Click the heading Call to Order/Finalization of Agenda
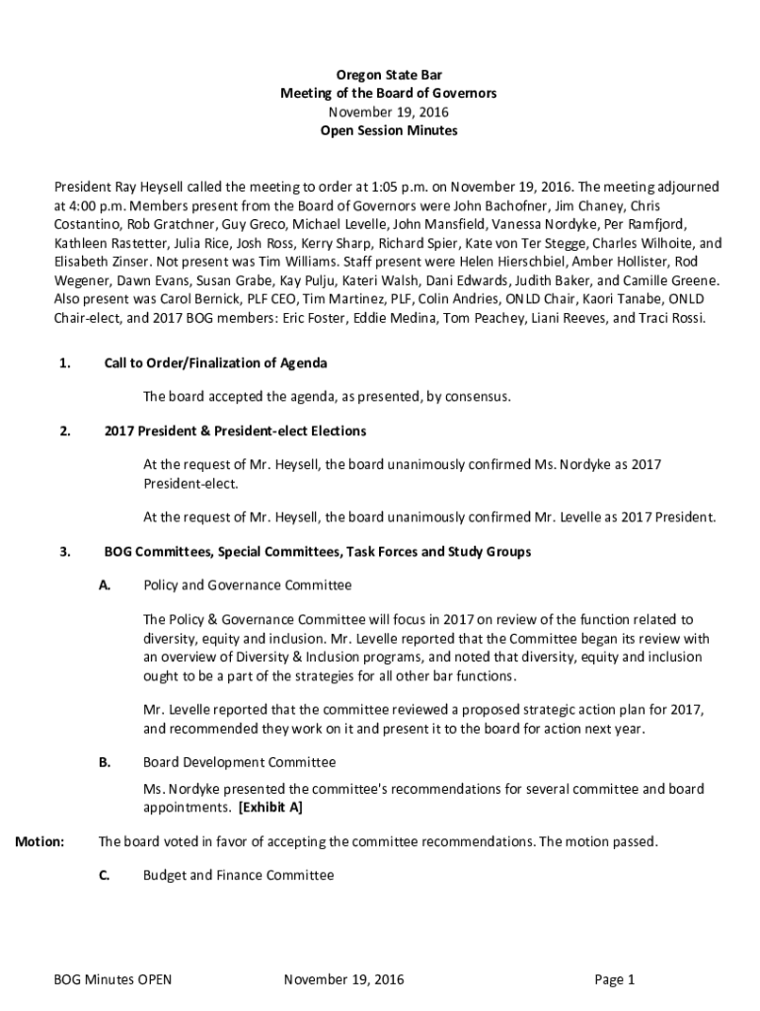(x=215, y=363)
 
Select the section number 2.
(x=64, y=431)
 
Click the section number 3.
(x=64, y=552)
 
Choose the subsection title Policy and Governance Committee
(x=247, y=585)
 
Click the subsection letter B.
(x=104, y=762)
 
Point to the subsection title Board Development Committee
(x=239, y=762)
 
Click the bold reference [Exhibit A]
(x=269, y=808)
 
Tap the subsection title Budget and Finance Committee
(x=238, y=875)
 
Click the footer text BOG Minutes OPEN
(x=113, y=980)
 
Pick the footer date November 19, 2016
(x=343, y=980)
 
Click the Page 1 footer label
(x=614, y=980)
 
